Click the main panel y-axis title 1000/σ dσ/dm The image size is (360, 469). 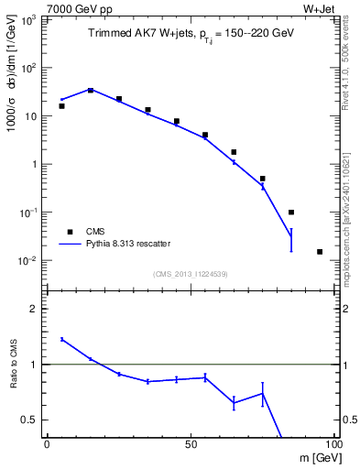[x=14, y=87]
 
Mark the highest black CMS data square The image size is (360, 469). [x=91, y=90]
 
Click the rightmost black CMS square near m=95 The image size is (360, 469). [x=320, y=251]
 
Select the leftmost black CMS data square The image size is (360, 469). [x=61, y=106]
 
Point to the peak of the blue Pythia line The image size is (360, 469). [x=91, y=90]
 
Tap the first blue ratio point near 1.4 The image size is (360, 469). [x=61, y=339]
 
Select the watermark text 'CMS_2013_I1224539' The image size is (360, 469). [x=191, y=272]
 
